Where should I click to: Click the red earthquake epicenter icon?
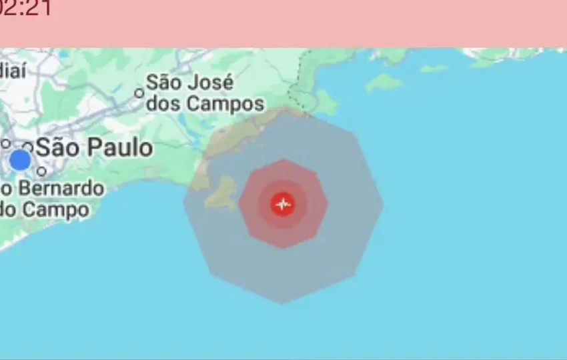283,204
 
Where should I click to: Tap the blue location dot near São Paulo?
20,160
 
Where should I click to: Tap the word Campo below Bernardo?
56,209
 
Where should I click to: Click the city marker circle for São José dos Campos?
139,93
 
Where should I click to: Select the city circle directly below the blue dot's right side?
41,171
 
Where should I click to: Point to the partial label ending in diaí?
12,69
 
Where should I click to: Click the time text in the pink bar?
25,9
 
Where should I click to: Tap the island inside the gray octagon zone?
221,193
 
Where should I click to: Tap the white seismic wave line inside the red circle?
283,203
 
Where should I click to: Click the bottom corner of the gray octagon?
282,303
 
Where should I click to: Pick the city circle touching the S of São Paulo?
28,146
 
